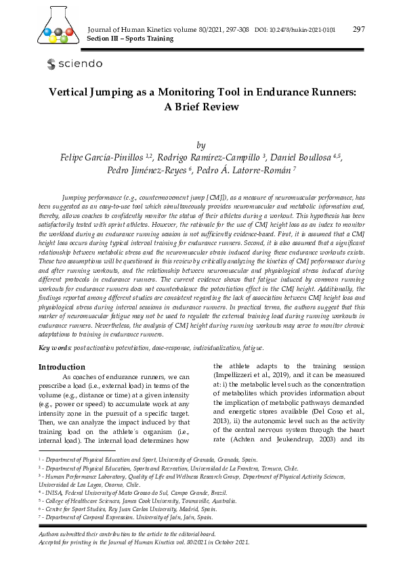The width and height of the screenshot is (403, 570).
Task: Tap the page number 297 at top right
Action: tap(359, 29)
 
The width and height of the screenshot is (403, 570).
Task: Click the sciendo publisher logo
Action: tap(75, 64)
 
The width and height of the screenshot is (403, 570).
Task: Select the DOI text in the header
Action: tap(295, 30)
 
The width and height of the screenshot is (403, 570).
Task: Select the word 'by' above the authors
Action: tap(200, 145)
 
